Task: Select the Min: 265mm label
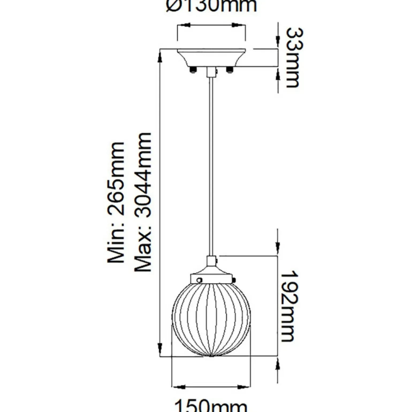116,203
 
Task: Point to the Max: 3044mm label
143,202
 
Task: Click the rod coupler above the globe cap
211,261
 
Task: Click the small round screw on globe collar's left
199,280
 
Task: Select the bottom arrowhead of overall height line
160,349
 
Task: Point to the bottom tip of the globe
211,356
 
